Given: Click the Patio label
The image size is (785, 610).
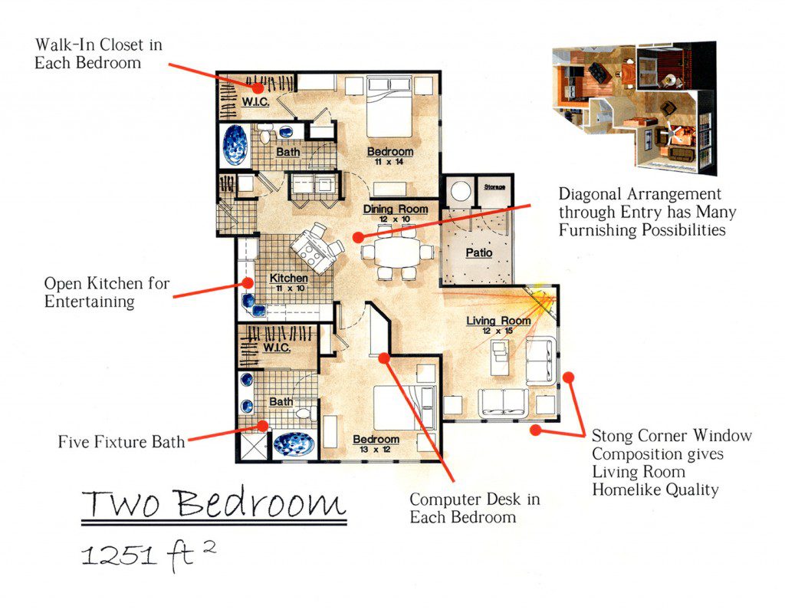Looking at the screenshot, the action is point(479,252).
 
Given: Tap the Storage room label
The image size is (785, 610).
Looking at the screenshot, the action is point(494,187).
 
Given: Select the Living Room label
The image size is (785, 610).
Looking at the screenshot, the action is point(498,320).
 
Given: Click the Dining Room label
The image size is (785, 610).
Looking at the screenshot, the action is point(396,209).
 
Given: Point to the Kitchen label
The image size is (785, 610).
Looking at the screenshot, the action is point(289,278).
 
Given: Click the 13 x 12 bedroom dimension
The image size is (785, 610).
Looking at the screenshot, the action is point(375,450).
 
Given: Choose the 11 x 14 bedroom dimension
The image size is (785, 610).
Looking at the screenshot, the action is point(389,162).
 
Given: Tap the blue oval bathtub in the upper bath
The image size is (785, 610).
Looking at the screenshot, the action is point(235,145).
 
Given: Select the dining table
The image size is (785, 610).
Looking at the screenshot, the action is point(398,252).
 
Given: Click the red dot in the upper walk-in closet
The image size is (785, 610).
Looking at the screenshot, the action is point(258,88).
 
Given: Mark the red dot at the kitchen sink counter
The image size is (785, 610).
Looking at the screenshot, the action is point(248,282).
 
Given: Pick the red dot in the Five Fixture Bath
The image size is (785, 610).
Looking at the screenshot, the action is point(263,426).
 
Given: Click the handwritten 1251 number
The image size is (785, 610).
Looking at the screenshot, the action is point(119,556).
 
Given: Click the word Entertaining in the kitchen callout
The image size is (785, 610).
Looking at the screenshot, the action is point(89,302).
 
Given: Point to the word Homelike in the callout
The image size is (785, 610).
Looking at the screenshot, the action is point(623,490).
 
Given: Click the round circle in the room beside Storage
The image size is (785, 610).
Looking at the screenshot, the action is point(460,191).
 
